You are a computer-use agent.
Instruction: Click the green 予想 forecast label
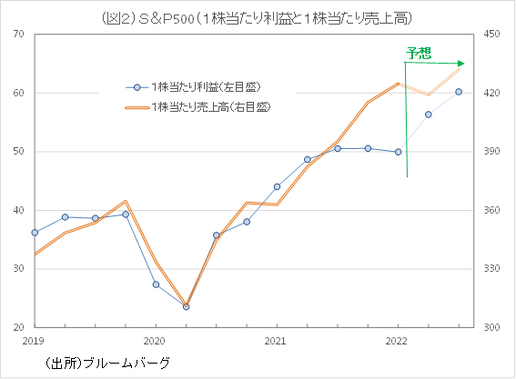420,53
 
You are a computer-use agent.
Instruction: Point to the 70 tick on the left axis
19,35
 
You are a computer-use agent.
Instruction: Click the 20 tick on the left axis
19,327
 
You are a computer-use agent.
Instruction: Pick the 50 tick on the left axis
19,152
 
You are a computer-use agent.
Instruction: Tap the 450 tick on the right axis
493,35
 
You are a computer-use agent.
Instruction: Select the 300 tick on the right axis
493,327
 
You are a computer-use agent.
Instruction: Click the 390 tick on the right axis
493,152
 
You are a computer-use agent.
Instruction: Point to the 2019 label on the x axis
34,341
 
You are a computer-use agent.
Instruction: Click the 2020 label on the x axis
155,341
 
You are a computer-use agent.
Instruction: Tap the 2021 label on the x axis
277,341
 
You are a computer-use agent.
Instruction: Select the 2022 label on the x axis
398,341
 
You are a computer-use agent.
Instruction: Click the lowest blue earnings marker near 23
186,306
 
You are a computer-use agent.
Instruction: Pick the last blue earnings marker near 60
459,92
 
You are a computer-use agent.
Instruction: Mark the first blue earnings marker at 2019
35,233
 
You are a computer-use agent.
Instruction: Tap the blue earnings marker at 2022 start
398,152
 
